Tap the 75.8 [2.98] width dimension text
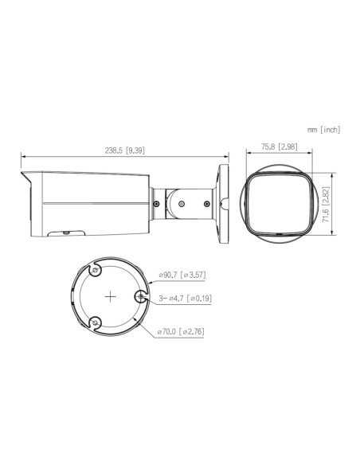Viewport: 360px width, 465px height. coord(279,146)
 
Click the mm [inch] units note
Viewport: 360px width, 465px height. coord(322,128)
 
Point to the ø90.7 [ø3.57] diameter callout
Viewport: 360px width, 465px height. coord(183,275)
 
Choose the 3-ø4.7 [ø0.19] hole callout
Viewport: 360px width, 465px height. coord(183,298)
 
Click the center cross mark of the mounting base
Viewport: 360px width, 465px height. coord(109,295)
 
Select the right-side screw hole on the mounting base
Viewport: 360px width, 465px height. coord(141,297)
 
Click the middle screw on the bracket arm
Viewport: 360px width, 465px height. coord(182,203)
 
